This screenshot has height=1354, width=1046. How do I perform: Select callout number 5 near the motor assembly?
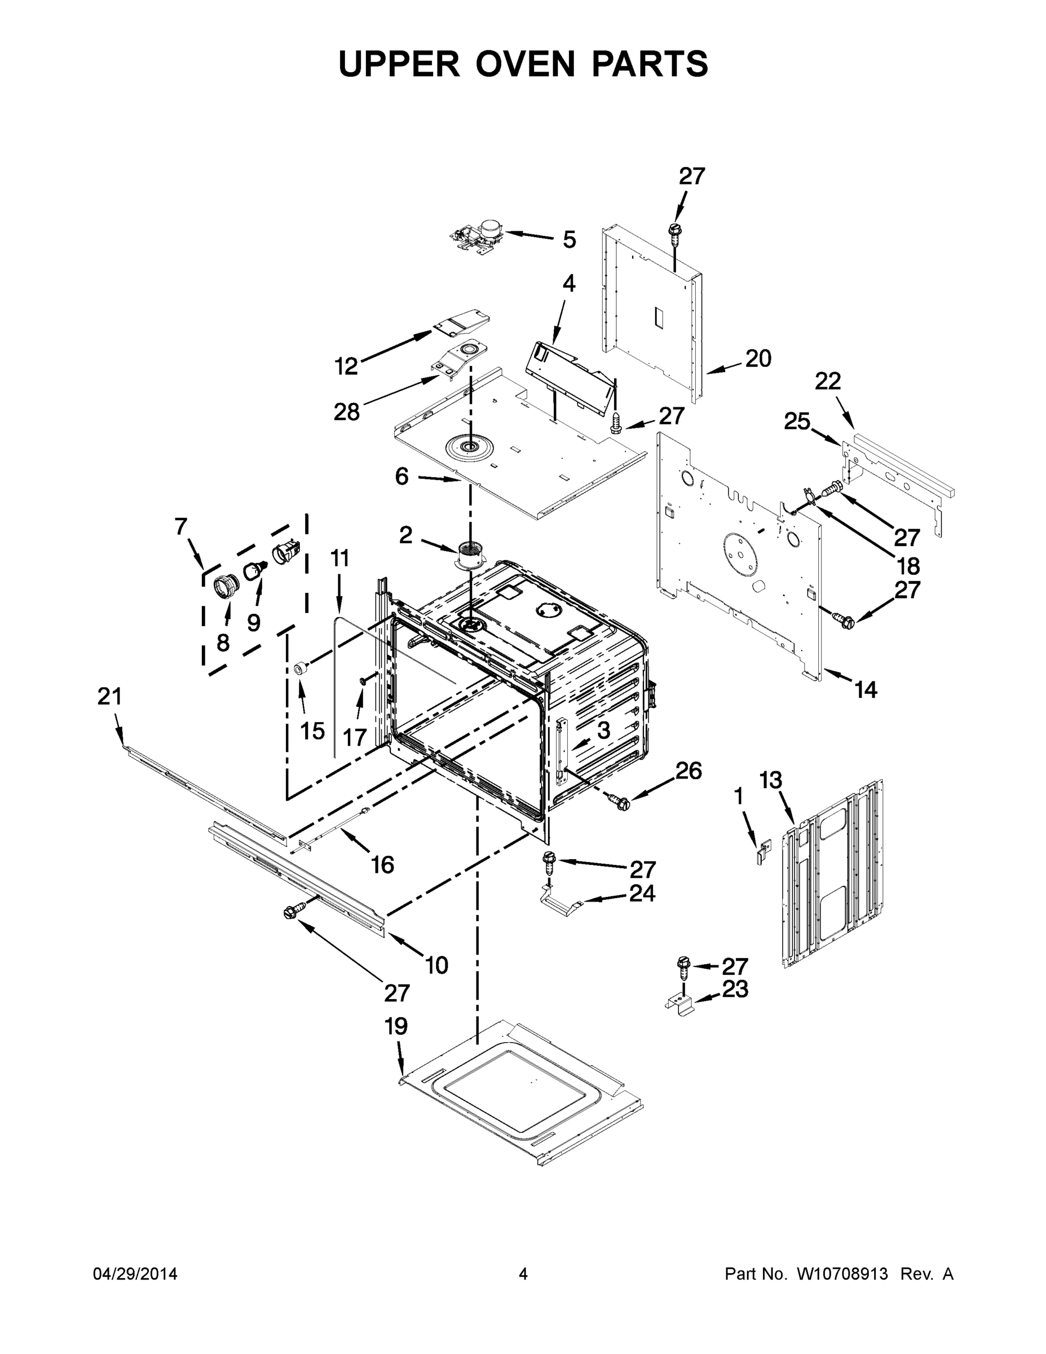click(x=569, y=240)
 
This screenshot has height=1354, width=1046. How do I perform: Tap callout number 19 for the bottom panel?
click(x=396, y=1026)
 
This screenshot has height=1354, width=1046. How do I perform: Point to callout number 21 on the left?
click(x=110, y=697)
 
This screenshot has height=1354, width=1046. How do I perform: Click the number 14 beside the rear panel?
click(x=866, y=689)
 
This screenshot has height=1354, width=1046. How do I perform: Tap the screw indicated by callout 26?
click(x=620, y=802)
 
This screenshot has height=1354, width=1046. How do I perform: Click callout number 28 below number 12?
click(x=346, y=411)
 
